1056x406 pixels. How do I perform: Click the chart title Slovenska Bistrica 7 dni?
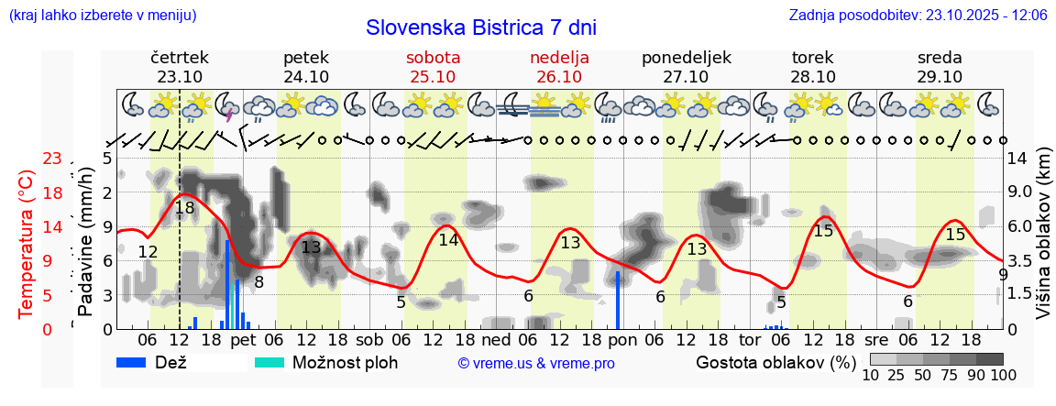(x=480, y=27)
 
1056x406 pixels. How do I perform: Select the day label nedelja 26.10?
(x=559, y=67)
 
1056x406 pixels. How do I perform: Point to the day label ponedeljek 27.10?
(x=687, y=67)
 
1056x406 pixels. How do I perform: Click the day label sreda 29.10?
(x=940, y=67)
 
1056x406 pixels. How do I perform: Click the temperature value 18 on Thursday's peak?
(x=185, y=208)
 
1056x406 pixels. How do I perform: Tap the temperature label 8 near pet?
(x=258, y=282)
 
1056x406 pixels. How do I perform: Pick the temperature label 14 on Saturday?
(x=448, y=240)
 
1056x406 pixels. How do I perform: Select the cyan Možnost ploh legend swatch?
(x=269, y=362)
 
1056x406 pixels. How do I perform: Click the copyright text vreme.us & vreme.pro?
(x=536, y=364)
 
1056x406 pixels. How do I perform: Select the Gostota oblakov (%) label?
(x=776, y=362)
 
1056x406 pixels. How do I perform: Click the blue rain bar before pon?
(x=618, y=300)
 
